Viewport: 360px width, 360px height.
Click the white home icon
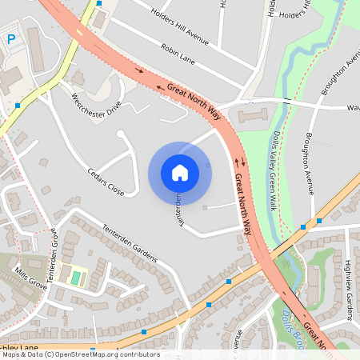coord(180,173)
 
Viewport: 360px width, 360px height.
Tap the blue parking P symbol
coord(11,39)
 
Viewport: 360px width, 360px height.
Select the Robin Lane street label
coord(178,53)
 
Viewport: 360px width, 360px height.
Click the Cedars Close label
coord(106,182)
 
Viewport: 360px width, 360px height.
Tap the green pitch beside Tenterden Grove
coord(76,277)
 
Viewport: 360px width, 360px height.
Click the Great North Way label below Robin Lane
coord(194,101)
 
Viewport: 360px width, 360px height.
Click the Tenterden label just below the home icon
coord(180,210)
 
